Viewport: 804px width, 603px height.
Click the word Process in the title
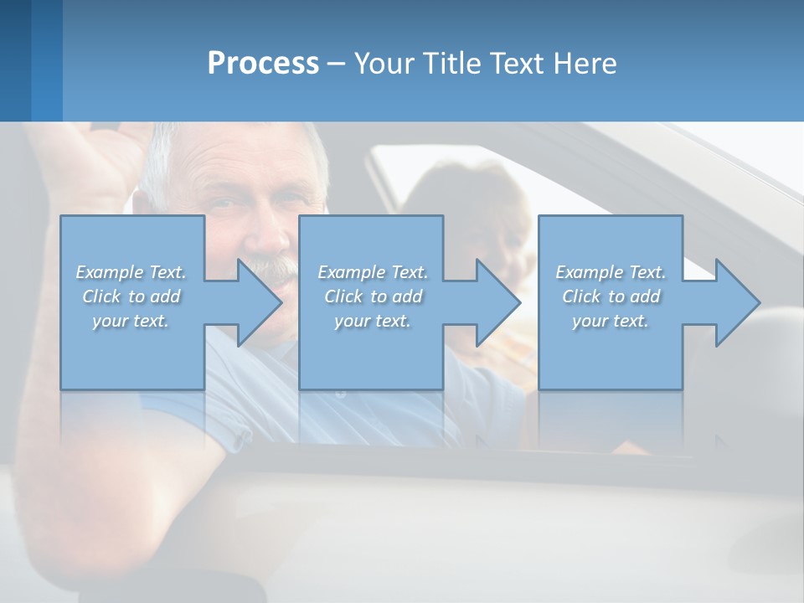coord(263,64)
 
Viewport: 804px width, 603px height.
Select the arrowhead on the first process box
coord(258,302)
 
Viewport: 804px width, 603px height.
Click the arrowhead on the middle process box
coord(497,302)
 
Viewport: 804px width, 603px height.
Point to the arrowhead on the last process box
coord(736,302)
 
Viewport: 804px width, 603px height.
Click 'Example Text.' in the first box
coord(131,272)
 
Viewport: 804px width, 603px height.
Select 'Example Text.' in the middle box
coord(372,272)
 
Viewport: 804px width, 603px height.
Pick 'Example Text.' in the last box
coord(611,272)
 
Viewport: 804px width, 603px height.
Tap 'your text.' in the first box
coord(131,321)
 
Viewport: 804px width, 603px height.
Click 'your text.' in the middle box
coord(372,321)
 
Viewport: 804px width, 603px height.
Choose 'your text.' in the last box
coord(611,321)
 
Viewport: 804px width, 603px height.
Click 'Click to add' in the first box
coord(131,296)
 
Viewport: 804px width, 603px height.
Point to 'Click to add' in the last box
coord(611,296)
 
